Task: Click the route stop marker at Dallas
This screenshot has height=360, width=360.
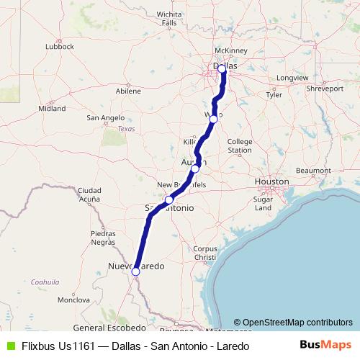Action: pyautogui.click(x=222, y=69)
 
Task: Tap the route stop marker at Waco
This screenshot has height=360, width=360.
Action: pyautogui.click(x=213, y=119)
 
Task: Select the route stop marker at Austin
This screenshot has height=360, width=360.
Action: pyautogui.click(x=195, y=168)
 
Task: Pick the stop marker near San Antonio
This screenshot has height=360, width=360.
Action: pyautogui.click(x=168, y=200)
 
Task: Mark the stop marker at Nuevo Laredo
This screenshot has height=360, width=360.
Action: pyautogui.click(x=135, y=271)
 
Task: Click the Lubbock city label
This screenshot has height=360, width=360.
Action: pyautogui.click(x=59, y=46)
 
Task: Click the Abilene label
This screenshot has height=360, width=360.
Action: pyautogui.click(x=128, y=91)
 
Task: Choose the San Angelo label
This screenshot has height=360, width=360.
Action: pyautogui.click(x=107, y=117)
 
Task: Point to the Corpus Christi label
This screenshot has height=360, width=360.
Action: pyautogui.click(x=205, y=253)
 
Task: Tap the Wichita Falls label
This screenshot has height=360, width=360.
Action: pyautogui.click(x=169, y=18)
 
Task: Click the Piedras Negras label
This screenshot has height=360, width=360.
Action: pyautogui.click(x=103, y=238)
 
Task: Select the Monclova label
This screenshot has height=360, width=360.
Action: pyautogui.click(x=72, y=299)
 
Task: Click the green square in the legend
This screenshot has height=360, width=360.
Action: pyautogui.click(x=9, y=346)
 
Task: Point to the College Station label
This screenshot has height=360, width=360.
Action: pyautogui.click(x=240, y=145)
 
